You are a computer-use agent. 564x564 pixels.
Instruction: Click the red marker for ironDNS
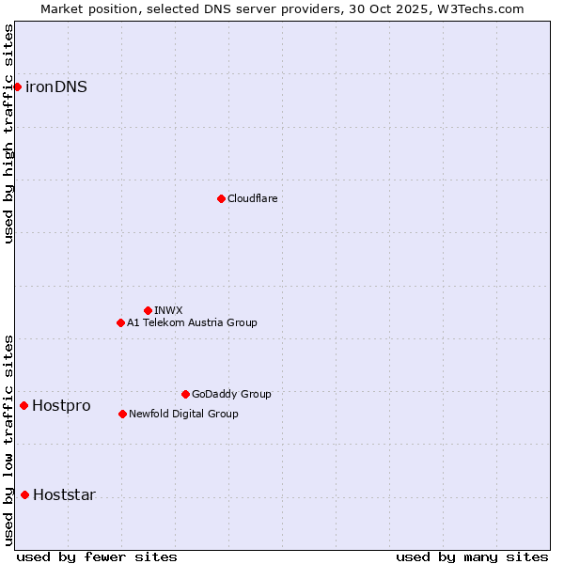[17, 86]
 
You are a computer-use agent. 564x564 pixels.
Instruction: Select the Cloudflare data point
[221, 198]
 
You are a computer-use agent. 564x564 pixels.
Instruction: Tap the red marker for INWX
[148, 310]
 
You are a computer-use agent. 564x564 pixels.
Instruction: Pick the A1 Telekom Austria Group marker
[120, 322]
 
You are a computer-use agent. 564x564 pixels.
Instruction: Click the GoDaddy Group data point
[185, 394]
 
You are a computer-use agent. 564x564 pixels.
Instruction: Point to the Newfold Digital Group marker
[122, 414]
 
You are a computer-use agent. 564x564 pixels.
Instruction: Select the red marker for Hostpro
[23, 405]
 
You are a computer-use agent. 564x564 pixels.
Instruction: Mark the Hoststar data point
[24, 494]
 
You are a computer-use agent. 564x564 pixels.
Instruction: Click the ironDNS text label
[56, 86]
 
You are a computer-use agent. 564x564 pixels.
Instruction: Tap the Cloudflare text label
[252, 198]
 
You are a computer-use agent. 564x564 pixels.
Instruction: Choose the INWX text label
[168, 310]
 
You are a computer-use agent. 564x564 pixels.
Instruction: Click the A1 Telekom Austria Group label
[192, 322]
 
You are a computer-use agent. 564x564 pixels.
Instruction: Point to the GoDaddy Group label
[231, 394]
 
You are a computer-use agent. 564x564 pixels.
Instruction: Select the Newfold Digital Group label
[183, 414]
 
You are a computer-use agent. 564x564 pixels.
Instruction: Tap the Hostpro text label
[61, 405]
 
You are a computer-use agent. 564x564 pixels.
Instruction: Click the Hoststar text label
[64, 494]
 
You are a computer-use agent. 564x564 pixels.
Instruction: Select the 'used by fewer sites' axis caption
[97, 556]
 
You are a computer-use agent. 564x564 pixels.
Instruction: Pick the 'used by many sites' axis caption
[472, 556]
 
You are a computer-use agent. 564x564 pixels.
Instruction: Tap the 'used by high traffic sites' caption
[8, 133]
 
